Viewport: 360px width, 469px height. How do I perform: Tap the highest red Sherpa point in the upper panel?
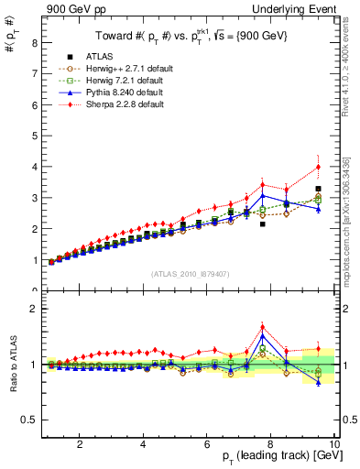tap(318, 167)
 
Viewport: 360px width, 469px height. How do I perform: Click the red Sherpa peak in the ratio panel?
tap(263, 327)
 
